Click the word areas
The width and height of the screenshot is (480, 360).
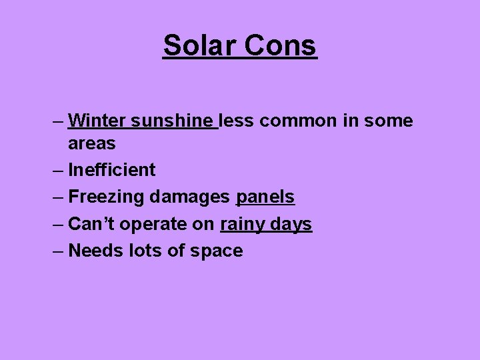[92, 143]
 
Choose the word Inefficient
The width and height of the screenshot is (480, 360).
[112, 170]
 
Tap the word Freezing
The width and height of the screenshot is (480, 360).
[107, 197]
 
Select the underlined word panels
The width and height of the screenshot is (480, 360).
[265, 197]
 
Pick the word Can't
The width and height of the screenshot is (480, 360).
[91, 224]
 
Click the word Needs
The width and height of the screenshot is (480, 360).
[95, 251]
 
